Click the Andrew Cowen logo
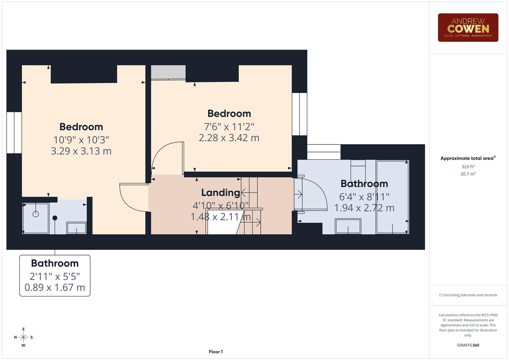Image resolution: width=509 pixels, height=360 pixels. (468, 27)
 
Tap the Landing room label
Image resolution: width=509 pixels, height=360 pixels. (220, 193)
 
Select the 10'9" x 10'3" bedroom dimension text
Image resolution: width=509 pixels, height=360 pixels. (81, 139)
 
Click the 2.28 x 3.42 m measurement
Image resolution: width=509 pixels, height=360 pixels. (229, 138)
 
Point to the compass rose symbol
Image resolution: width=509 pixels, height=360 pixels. (23, 337)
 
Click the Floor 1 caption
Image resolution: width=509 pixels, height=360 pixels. (216, 352)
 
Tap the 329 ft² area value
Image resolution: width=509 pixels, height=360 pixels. (468, 167)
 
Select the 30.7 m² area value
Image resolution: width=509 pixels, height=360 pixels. (468, 174)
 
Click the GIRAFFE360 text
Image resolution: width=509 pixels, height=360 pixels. (468, 345)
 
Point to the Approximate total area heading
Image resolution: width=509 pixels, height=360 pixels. (468, 158)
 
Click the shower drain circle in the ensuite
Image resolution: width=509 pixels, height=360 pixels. (36, 214)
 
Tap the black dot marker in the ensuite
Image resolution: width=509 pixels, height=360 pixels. (55, 218)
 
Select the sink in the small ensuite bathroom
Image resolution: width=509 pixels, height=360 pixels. (76, 228)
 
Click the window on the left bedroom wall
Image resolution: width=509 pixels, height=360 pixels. (14, 133)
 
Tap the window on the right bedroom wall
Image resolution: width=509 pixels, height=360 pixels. (299, 114)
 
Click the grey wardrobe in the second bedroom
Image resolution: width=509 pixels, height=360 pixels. (168, 72)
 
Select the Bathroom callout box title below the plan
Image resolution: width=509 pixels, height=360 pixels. (55, 263)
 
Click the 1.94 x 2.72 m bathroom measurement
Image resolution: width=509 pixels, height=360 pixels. (364, 208)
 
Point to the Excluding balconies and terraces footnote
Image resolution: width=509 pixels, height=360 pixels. (468, 295)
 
